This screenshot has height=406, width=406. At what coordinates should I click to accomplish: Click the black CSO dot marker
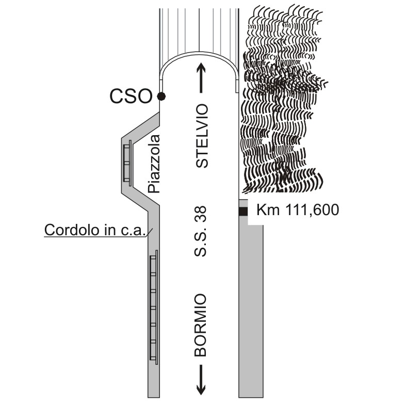(x=161, y=96)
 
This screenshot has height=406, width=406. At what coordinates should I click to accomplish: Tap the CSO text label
(x=132, y=96)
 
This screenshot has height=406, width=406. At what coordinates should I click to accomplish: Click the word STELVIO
(x=203, y=136)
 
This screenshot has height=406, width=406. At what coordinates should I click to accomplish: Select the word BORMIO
(x=201, y=326)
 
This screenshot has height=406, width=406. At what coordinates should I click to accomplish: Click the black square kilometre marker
(x=243, y=211)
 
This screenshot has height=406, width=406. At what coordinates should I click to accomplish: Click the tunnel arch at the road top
(x=199, y=58)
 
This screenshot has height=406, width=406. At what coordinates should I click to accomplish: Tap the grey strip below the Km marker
(x=251, y=310)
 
